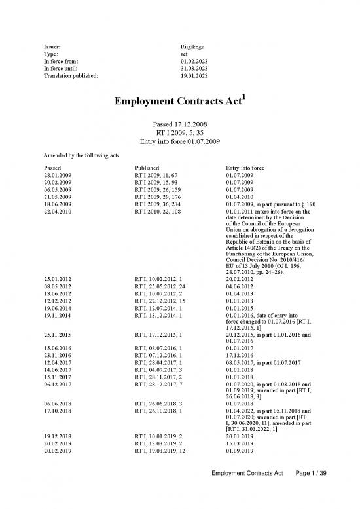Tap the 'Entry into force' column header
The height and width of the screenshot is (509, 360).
pos(245,168)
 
